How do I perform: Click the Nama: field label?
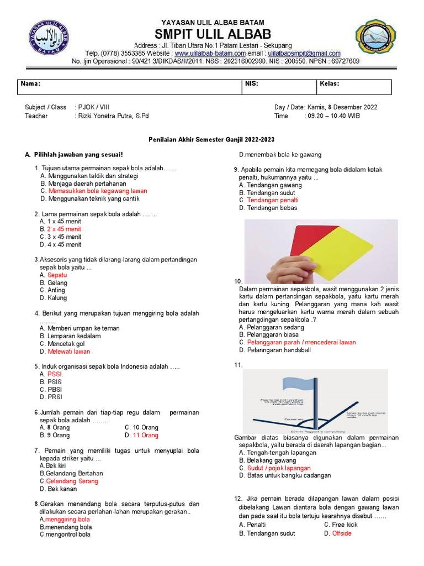[x=30, y=84]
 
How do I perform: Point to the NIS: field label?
[x=251, y=84]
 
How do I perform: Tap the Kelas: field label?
[x=330, y=84]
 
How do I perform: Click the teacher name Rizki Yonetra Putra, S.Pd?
[x=114, y=116]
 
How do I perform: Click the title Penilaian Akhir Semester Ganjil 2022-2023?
[x=211, y=140]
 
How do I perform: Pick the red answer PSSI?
[x=55, y=374]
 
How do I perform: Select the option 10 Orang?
[x=145, y=427]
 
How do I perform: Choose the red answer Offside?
[x=342, y=533]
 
